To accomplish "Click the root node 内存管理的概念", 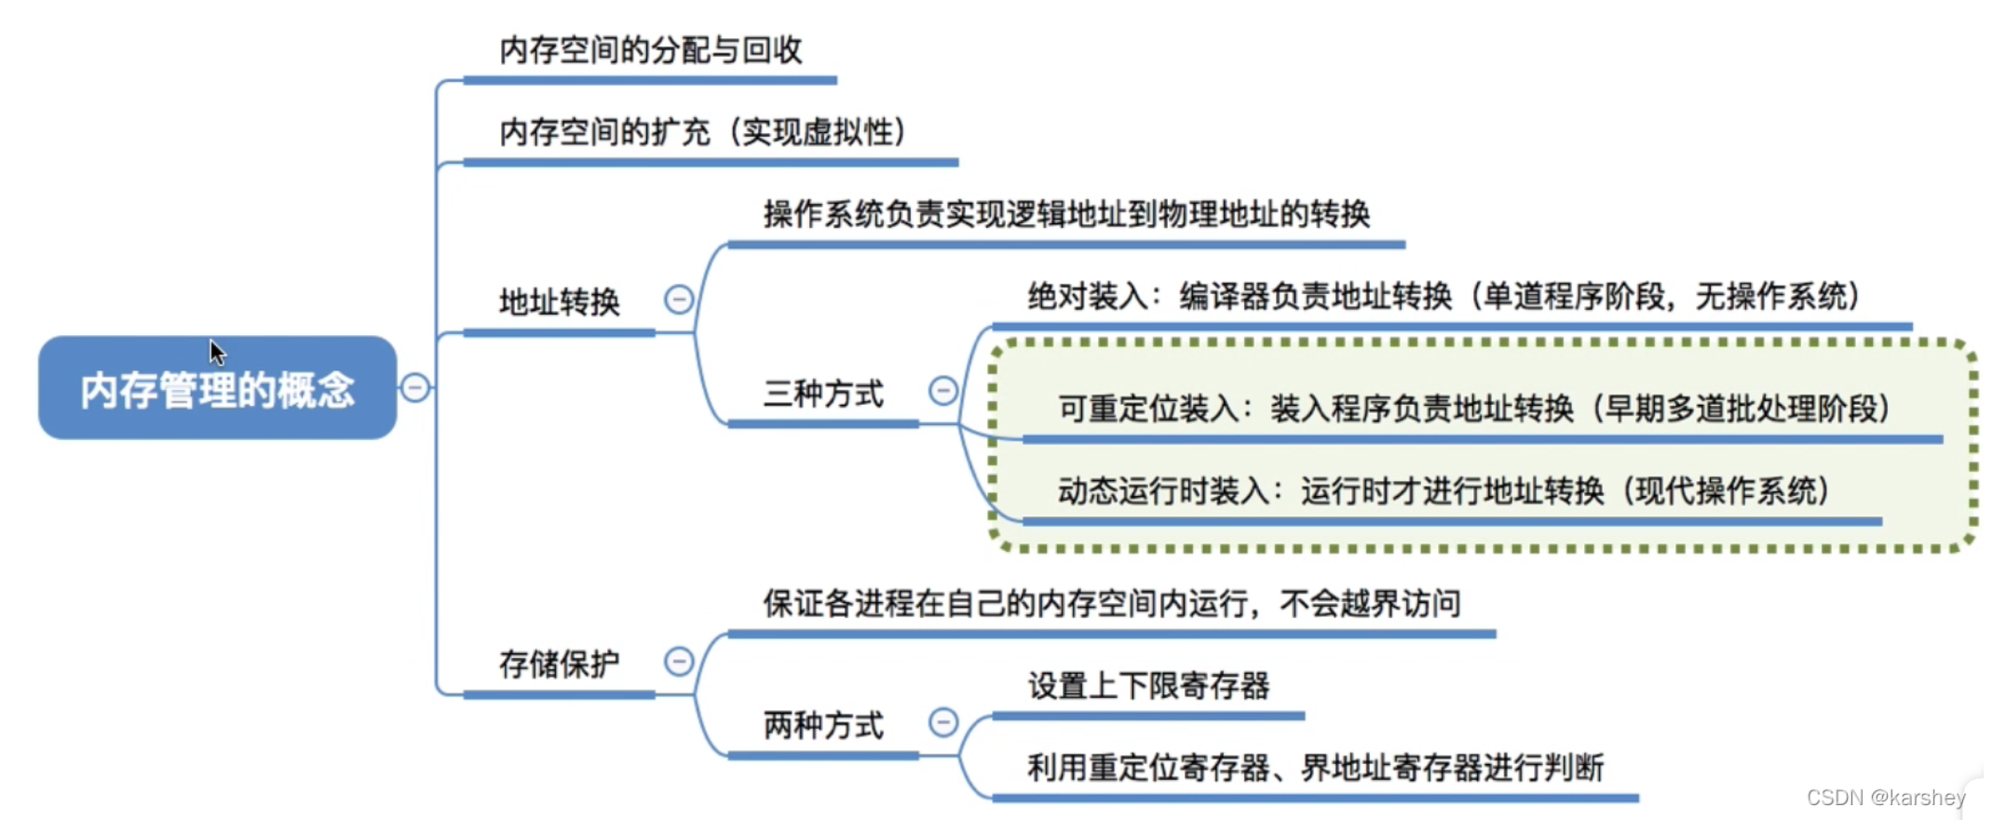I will (217, 389).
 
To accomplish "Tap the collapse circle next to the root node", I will (415, 387).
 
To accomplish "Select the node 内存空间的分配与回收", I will (650, 50).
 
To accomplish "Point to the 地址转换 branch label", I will (559, 302).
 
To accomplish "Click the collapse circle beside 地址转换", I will (679, 300).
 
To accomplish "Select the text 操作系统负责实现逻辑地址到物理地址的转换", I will (1066, 214).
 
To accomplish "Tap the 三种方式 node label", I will (823, 394).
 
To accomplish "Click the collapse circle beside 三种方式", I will (943, 391).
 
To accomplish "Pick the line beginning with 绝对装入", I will (1444, 297).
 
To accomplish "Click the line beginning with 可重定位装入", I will (1473, 409).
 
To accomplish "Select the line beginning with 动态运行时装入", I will (1444, 490).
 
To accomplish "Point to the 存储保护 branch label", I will (559, 664).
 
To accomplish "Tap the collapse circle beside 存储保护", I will (679, 662).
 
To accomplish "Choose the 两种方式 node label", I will (823, 725).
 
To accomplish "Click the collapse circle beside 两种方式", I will (943, 721).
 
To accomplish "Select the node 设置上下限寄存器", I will (1148, 687).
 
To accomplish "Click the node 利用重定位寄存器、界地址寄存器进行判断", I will (1315, 769).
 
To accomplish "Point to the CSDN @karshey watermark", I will (1885, 798).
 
